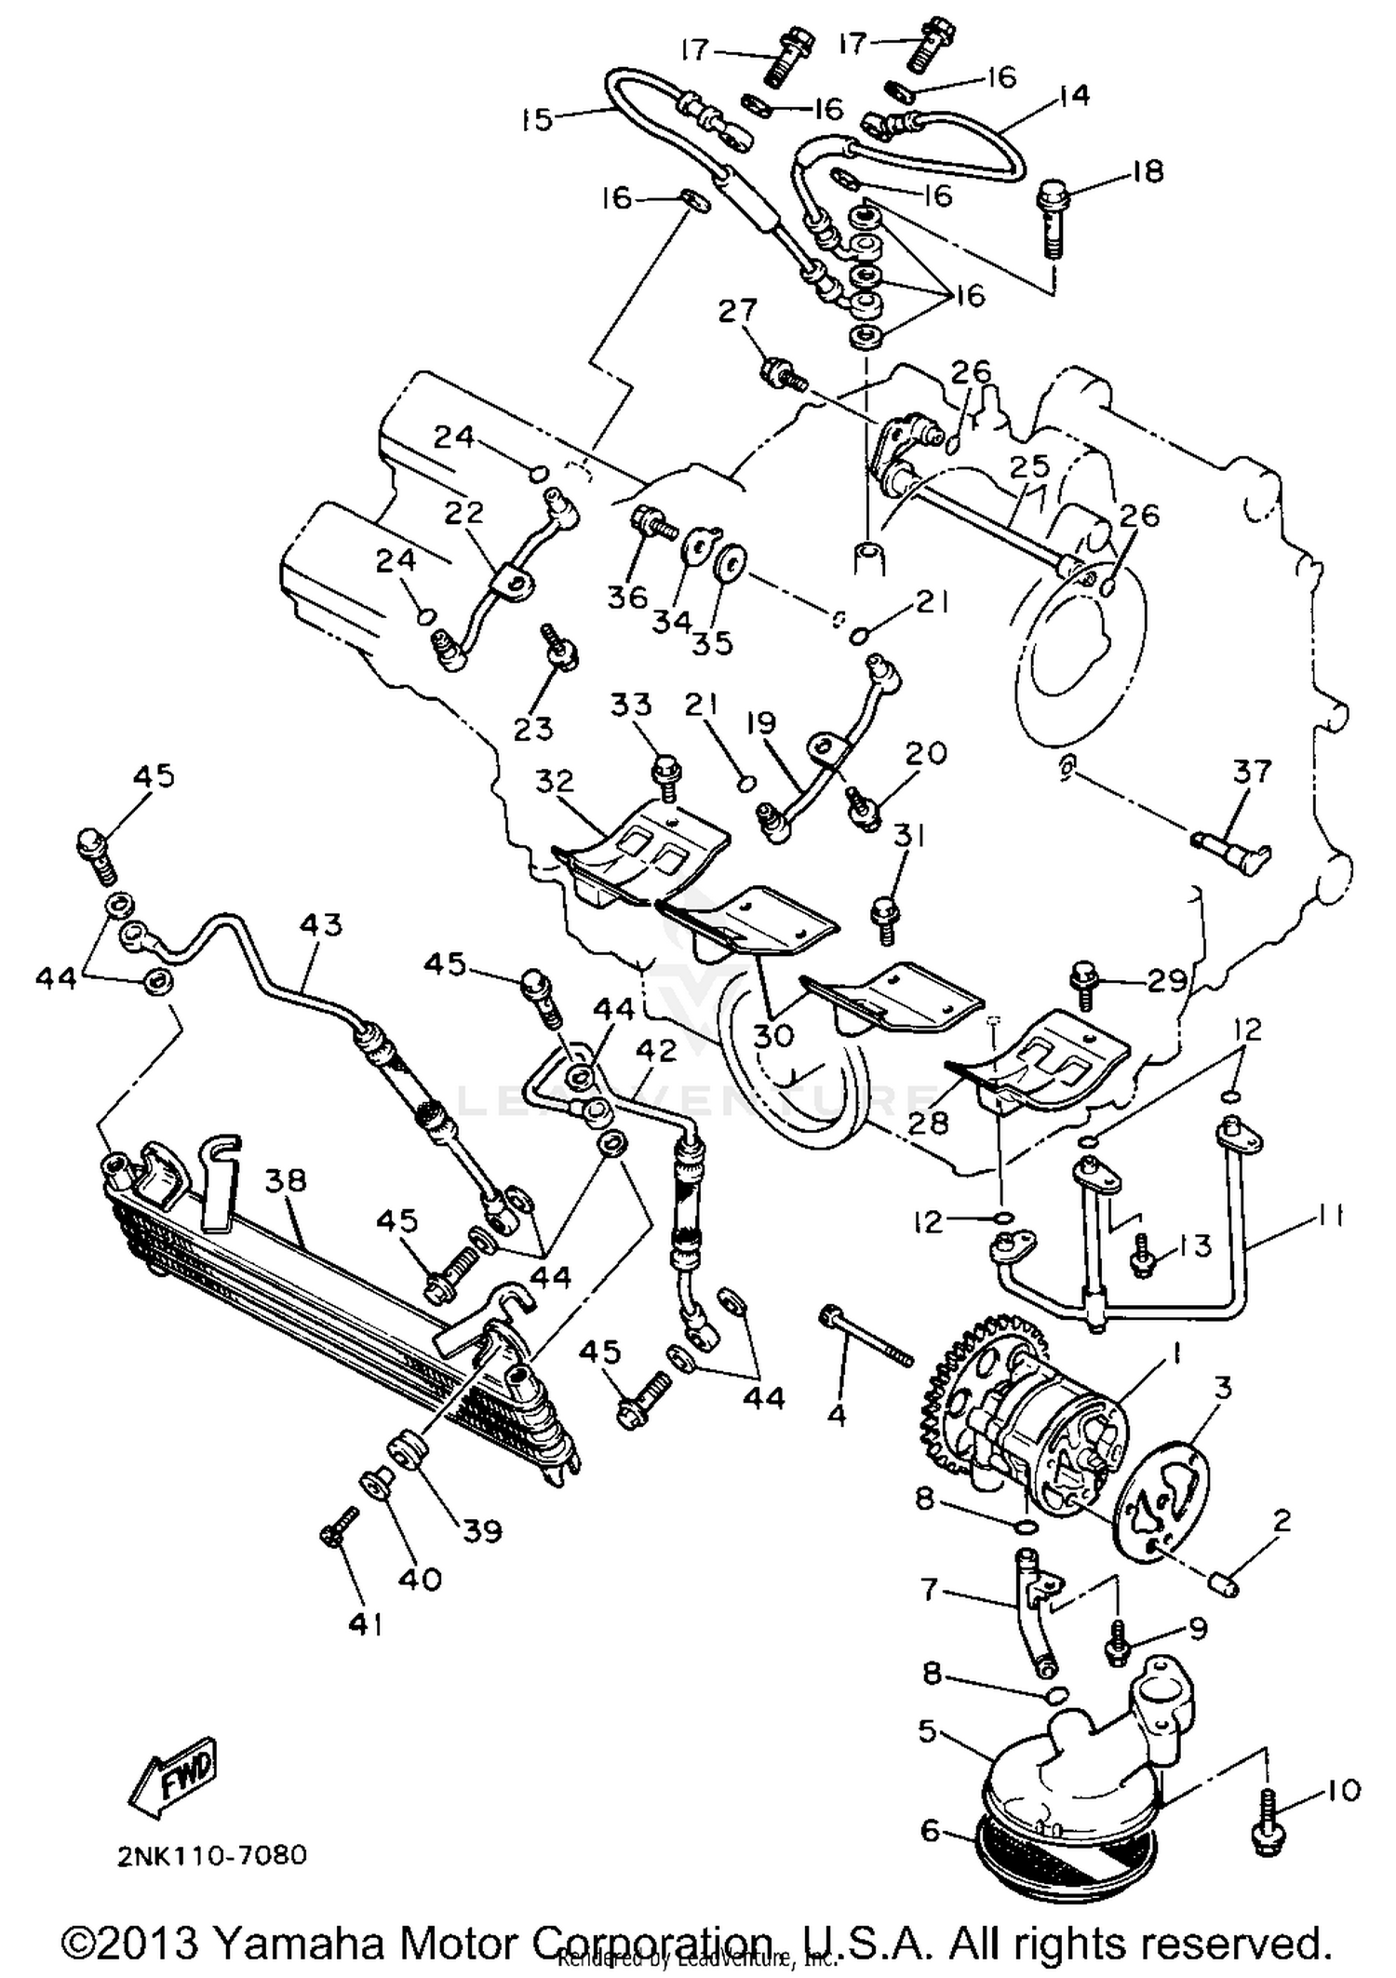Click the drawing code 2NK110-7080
(x=211, y=1855)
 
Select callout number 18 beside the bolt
(x=1148, y=172)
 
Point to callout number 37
(x=1252, y=772)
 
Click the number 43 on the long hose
(x=321, y=924)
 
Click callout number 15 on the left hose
(x=537, y=119)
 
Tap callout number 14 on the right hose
(x=1074, y=95)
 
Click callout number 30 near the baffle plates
(x=772, y=1034)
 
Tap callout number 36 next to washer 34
(x=626, y=597)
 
